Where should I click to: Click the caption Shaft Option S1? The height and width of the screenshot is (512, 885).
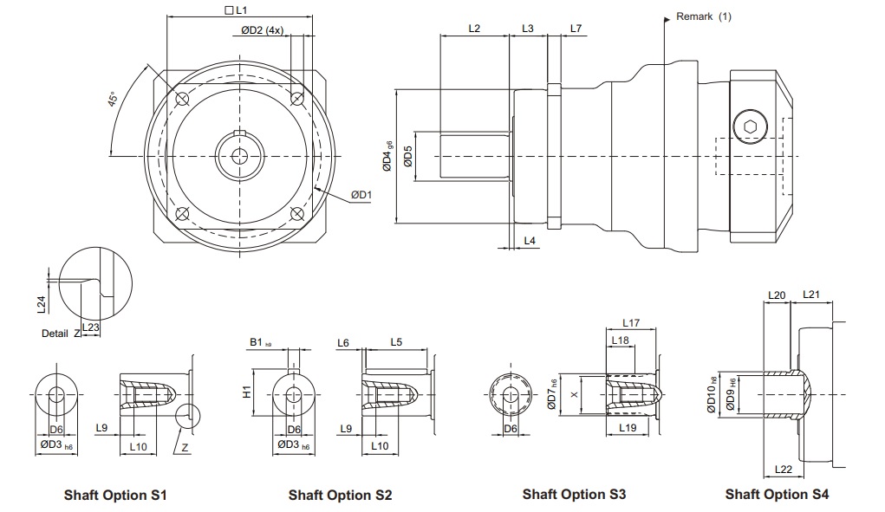pos(115,496)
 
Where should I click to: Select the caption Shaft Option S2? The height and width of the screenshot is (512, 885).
pos(340,496)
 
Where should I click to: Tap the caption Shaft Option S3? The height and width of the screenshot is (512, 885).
pos(574,494)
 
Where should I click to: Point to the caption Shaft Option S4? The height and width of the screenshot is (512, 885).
pos(777,494)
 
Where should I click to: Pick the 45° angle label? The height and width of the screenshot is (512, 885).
pos(114,100)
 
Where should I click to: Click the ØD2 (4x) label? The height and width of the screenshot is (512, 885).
pos(264,30)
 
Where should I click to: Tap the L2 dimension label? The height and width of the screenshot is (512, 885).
pos(474,29)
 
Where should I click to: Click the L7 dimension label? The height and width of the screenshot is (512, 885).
pos(576,29)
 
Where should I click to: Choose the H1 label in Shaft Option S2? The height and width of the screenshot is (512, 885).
pos(246,391)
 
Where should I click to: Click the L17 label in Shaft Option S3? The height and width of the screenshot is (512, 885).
pos(631,323)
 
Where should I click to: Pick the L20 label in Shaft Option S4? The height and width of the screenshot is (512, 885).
pos(777,295)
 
